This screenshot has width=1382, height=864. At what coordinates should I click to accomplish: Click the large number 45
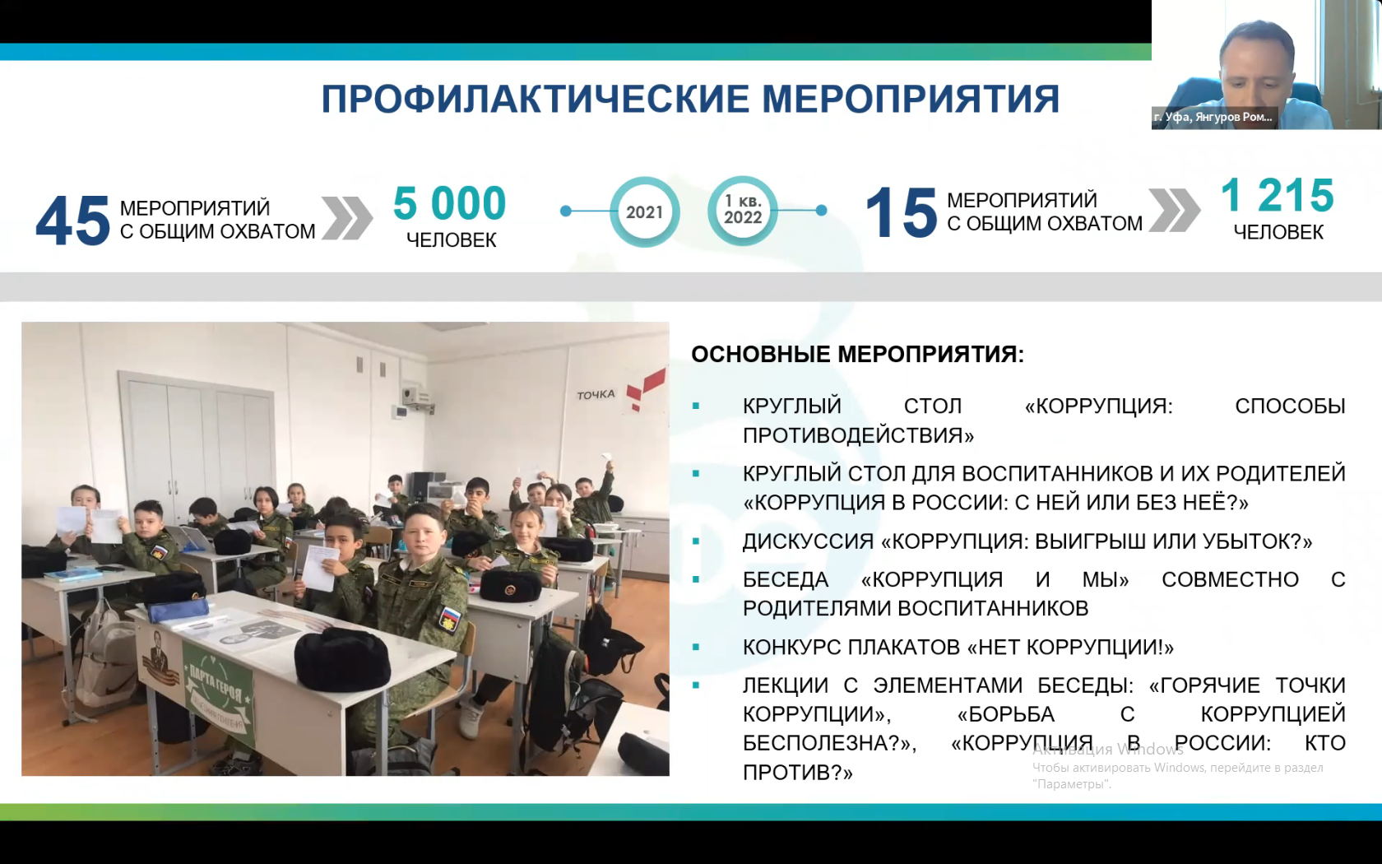[x=72, y=221]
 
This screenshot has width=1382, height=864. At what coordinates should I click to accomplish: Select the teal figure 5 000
[x=449, y=203]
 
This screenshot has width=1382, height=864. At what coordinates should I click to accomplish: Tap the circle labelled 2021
[x=645, y=211]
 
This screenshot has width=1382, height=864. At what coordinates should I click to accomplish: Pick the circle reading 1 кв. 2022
[x=743, y=211]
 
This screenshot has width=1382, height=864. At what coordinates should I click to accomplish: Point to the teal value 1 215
[x=1277, y=195]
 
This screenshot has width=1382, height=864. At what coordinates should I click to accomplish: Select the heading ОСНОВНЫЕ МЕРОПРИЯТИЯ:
[x=857, y=354]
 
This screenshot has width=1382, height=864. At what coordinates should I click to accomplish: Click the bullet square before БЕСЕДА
[x=696, y=579]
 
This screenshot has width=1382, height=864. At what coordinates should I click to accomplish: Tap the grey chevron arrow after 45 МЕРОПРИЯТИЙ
[x=347, y=218]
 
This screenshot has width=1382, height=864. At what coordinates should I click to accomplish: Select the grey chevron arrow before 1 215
[x=1173, y=211]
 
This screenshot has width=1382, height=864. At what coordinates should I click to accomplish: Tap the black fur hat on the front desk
[x=342, y=659]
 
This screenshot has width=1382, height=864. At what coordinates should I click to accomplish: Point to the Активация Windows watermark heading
[x=1108, y=749]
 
